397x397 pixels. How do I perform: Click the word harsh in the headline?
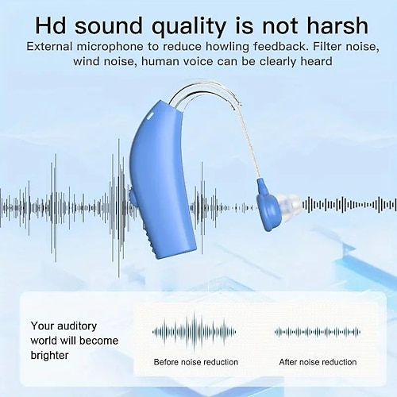(337, 25)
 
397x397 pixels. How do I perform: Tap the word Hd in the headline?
(51, 25)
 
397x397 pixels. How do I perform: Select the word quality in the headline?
(189, 26)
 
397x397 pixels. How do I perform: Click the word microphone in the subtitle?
(110, 47)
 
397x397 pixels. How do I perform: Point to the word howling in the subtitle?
(227, 47)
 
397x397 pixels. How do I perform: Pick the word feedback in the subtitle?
(281, 47)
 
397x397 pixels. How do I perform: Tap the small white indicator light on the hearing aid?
(151, 116)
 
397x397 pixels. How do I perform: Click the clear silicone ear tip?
(289, 203)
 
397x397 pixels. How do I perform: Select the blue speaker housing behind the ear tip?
(268, 206)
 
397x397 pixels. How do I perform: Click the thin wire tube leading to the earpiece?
(251, 143)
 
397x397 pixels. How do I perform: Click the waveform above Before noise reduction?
(194, 332)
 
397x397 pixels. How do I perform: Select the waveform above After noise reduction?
(318, 332)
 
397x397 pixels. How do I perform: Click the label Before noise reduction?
(196, 362)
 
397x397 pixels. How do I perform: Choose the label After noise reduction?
(318, 362)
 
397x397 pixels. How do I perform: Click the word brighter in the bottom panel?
(49, 355)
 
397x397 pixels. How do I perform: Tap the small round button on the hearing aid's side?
(132, 197)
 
